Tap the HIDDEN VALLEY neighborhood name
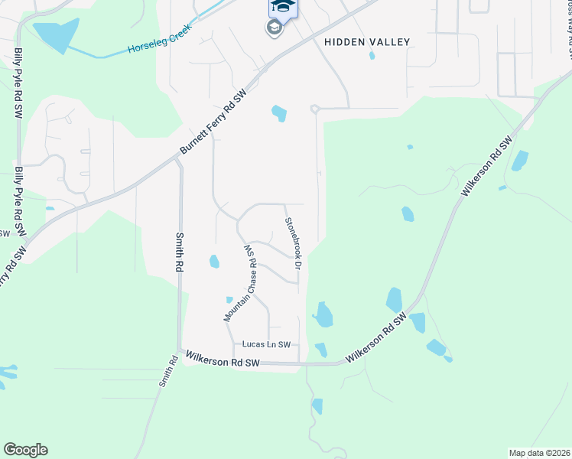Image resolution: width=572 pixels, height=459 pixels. [x=367, y=42]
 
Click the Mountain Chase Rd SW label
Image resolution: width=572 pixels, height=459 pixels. [x=239, y=282]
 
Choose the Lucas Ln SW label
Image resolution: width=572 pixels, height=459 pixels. [x=268, y=345]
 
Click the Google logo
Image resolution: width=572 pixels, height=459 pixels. [x=25, y=450]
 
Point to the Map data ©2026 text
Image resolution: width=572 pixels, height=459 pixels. [x=538, y=453]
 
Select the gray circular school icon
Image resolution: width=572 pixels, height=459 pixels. [x=273, y=29]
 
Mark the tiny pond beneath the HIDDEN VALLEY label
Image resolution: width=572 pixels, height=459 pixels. [x=372, y=55]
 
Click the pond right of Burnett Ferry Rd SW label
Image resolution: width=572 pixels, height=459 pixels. [x=279, y=114]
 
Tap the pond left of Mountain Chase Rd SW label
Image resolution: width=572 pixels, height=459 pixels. [x=214, y=262]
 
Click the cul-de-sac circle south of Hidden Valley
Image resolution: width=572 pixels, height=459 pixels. [x=314, y=109]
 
